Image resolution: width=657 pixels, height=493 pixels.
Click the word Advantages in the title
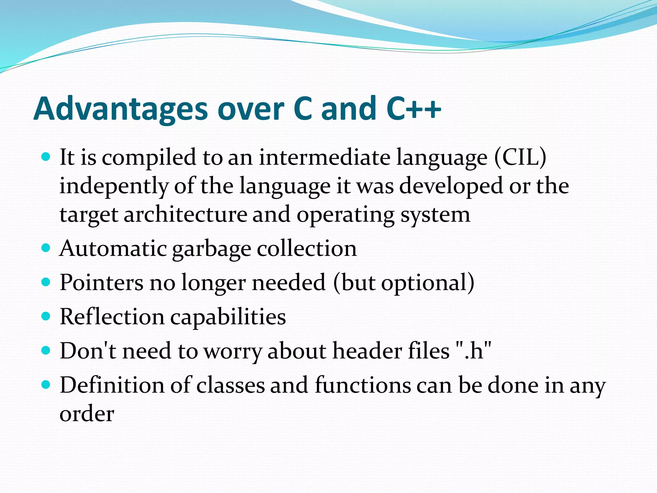click(121, 109)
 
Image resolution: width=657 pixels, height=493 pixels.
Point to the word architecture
click(185, 214)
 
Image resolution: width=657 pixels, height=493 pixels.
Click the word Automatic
click(113, 248)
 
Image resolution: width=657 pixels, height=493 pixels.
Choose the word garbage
click(211, 249)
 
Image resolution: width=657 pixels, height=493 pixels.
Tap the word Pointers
click(102, 282)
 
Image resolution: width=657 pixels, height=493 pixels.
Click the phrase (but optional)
click(404, 282)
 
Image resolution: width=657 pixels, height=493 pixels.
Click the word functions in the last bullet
click(363, 385)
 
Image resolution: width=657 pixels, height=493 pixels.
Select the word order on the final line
click(87, 414)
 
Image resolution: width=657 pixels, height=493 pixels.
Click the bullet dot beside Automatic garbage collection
click(46, 248)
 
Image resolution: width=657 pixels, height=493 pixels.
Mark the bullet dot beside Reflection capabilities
click(46, 316)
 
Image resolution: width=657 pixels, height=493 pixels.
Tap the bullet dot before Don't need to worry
click(46, 350)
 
